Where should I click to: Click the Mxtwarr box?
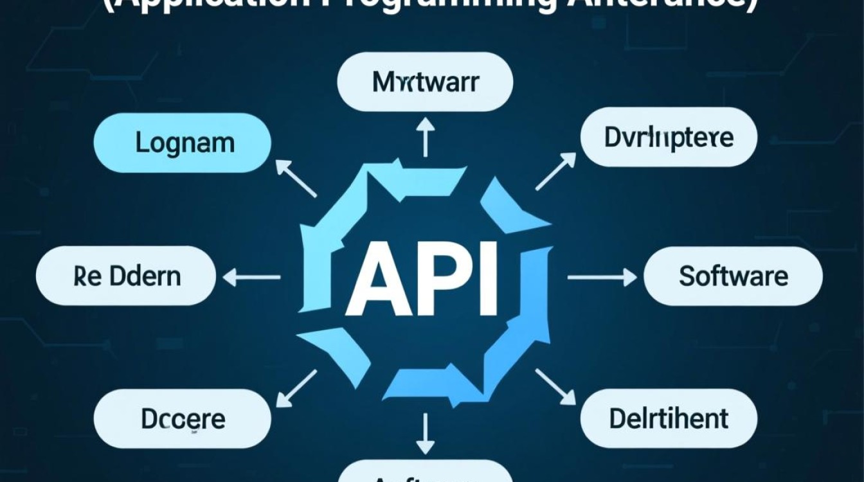(x=425, y=82)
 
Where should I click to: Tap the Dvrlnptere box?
(x=669, y=138)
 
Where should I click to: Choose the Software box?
(x=733, y=276)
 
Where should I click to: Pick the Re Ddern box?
(x=126, y=276)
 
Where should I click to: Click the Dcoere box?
(x=183, y=418)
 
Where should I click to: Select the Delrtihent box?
(x=669, y=418)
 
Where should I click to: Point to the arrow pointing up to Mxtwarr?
(x=425, y=137)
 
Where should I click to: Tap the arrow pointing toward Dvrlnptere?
(x=555, y=172)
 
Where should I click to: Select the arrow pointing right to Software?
(x=601, y=277)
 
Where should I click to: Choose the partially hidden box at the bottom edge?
(x=425, y=474)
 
